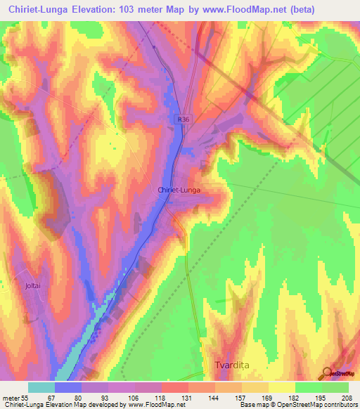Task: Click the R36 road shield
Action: tap(183, 120)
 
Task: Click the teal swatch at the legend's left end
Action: tap(41, 387)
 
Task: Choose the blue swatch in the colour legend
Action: tap(68, 387)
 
